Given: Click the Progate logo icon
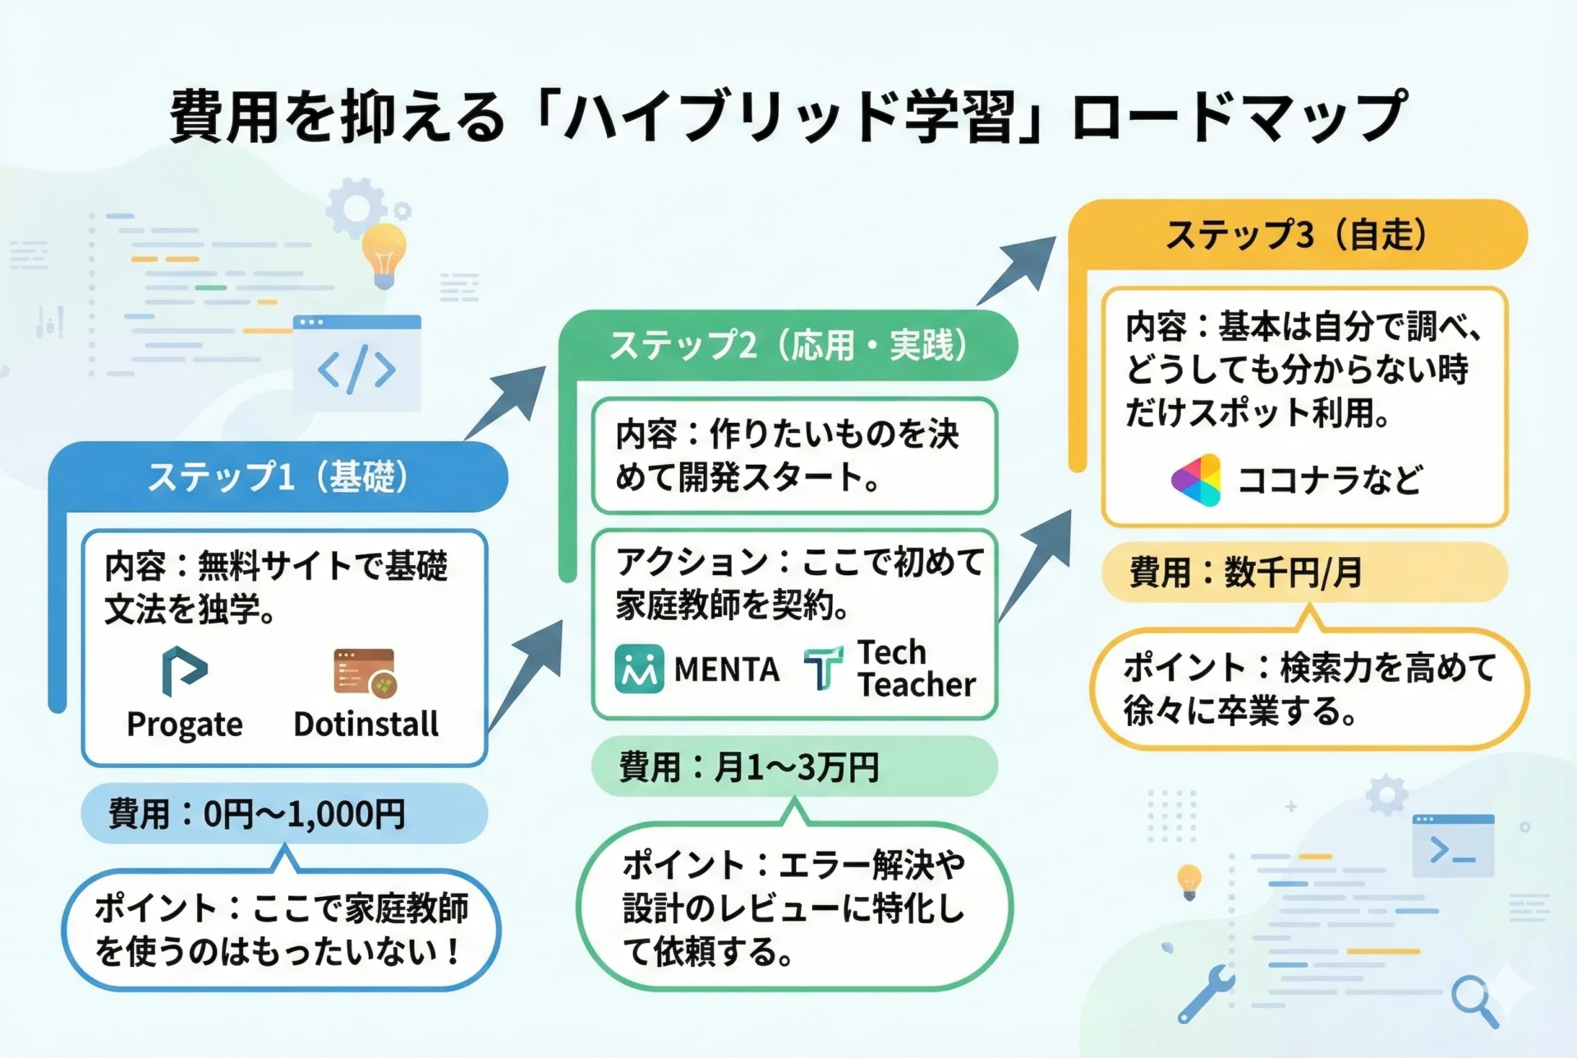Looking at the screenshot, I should click(184, 670).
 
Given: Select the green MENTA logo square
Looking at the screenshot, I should click(639, 669).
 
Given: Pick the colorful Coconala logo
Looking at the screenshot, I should click(1196, 480).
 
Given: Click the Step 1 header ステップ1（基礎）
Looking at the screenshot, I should click(278, 477).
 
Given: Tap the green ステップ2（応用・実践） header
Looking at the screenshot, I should click(788, 346).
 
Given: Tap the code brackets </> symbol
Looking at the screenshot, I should click(357, 369).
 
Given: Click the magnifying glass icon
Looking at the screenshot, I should click(1474, 1000).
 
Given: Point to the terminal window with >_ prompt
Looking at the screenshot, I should click(1453, 846).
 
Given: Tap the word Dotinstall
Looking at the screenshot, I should click(366, 724).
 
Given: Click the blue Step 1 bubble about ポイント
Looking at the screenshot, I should click(281, 930).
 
